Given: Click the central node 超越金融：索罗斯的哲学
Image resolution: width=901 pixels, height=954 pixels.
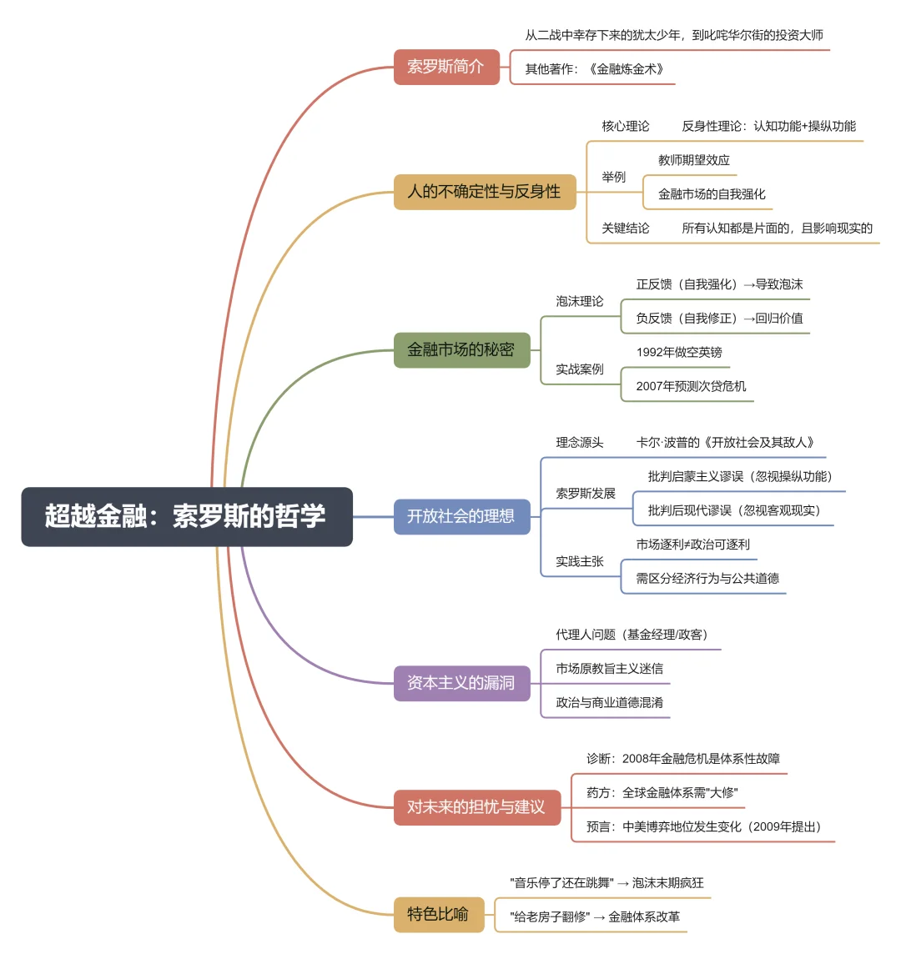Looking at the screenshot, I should [187, 517].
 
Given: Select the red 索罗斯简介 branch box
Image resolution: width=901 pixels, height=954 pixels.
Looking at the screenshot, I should [446, 67].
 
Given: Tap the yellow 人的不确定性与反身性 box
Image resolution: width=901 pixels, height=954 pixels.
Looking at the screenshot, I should [485, 192].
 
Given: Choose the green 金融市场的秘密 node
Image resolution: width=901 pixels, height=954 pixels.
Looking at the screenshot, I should [461, 350].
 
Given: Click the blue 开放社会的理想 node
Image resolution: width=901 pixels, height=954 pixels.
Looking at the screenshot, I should [461, 517].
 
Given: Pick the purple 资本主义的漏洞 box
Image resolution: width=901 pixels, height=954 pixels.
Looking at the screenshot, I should [461, 683].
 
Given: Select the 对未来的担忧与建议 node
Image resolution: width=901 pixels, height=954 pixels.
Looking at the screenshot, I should [476, 807].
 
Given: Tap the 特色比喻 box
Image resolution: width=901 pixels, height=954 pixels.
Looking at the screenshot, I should [438, 915].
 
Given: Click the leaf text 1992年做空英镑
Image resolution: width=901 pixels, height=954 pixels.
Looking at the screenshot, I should [679, 353].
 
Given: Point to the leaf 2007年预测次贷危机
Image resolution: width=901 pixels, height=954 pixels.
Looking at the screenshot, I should [691, 386].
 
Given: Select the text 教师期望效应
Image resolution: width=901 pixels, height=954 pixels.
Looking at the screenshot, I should [693, 160].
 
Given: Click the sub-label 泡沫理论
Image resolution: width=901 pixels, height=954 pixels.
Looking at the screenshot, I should [580, 302].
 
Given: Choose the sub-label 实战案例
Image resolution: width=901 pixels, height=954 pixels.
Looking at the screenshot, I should [580, 369].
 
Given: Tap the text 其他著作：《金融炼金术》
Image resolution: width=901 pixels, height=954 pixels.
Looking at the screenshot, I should [594, 69].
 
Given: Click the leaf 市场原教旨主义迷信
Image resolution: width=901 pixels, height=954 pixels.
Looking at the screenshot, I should [609, 669].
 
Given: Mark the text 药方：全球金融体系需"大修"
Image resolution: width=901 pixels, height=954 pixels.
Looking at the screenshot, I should [662, 793].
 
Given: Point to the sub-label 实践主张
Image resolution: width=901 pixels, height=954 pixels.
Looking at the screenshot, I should [580, 562].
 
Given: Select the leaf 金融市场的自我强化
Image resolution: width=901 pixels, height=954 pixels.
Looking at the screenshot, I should [712, 194].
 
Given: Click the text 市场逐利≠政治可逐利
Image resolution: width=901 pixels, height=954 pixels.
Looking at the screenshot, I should [692, 545].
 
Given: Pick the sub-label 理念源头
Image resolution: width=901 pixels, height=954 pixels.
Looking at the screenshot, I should [580, 443].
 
